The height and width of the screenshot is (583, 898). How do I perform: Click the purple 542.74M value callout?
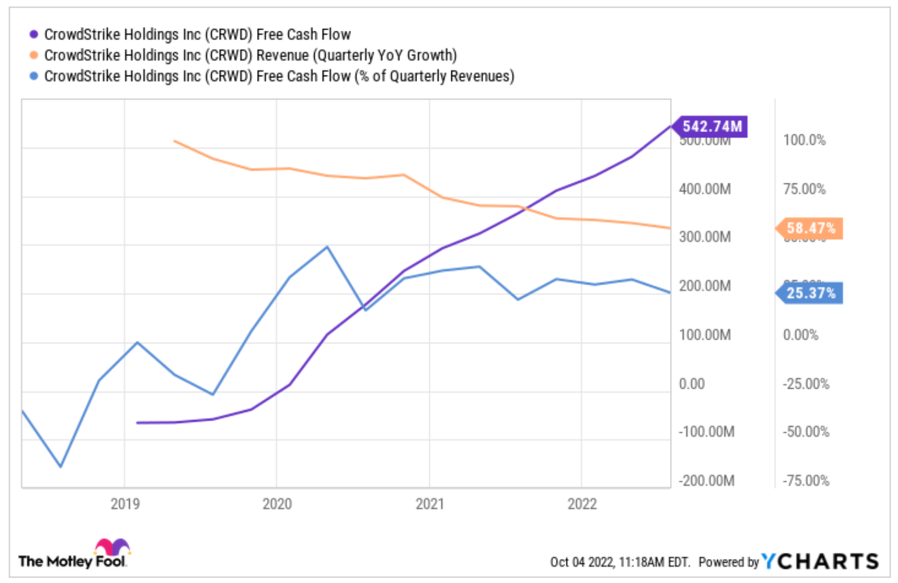pyautogui.click(x=711, y=126)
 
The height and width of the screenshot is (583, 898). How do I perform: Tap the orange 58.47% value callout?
pyautogui.click(x=811, y=228)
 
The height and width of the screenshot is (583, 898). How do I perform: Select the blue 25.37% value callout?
pyautogui.click(x=811, y=293)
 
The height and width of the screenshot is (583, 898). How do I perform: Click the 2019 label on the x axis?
pyautogui.click(x=125, y=504)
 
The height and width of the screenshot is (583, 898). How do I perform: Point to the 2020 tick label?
pyautogui.click(x=277, y=504)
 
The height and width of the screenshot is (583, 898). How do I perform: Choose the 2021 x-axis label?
pyautogui.click(x=430, y=504)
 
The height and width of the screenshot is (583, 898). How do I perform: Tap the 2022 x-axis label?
pyautogui.click(x=582, y=504)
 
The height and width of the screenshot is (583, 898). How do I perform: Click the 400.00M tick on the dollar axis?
pyautogui.click(x=704, y=189)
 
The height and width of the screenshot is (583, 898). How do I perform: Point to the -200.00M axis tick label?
pyautogui.click(x=706, y=481)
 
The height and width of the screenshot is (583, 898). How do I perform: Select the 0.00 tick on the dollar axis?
pyautogui.click(x=692, y=384)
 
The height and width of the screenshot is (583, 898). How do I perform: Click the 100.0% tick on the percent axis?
pyautogui.click(x=804, y=140)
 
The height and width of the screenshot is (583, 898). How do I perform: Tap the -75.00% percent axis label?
pyautogui.click(x=806, y=481)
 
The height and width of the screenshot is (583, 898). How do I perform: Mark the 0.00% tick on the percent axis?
pyautogui.click(x=800, y=335)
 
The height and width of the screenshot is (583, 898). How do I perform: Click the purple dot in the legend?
pyautogui.click(x=34, y=35)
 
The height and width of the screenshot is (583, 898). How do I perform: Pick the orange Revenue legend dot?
pyautogui.click(x=34, y=55)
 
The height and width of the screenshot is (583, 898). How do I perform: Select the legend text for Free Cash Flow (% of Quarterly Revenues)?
pyautogui.click(x=279, y=76)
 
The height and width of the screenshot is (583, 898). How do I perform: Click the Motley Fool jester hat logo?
pyautogui.click(x=112, y=548)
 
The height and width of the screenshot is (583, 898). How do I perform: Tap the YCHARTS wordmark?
pyautogui.click(x=820, y=561)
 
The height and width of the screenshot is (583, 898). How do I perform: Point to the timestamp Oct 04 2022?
pyautogui.click(x=582, y=562)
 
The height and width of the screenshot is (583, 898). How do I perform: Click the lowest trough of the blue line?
pyautogui.click(x=60, y=467)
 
